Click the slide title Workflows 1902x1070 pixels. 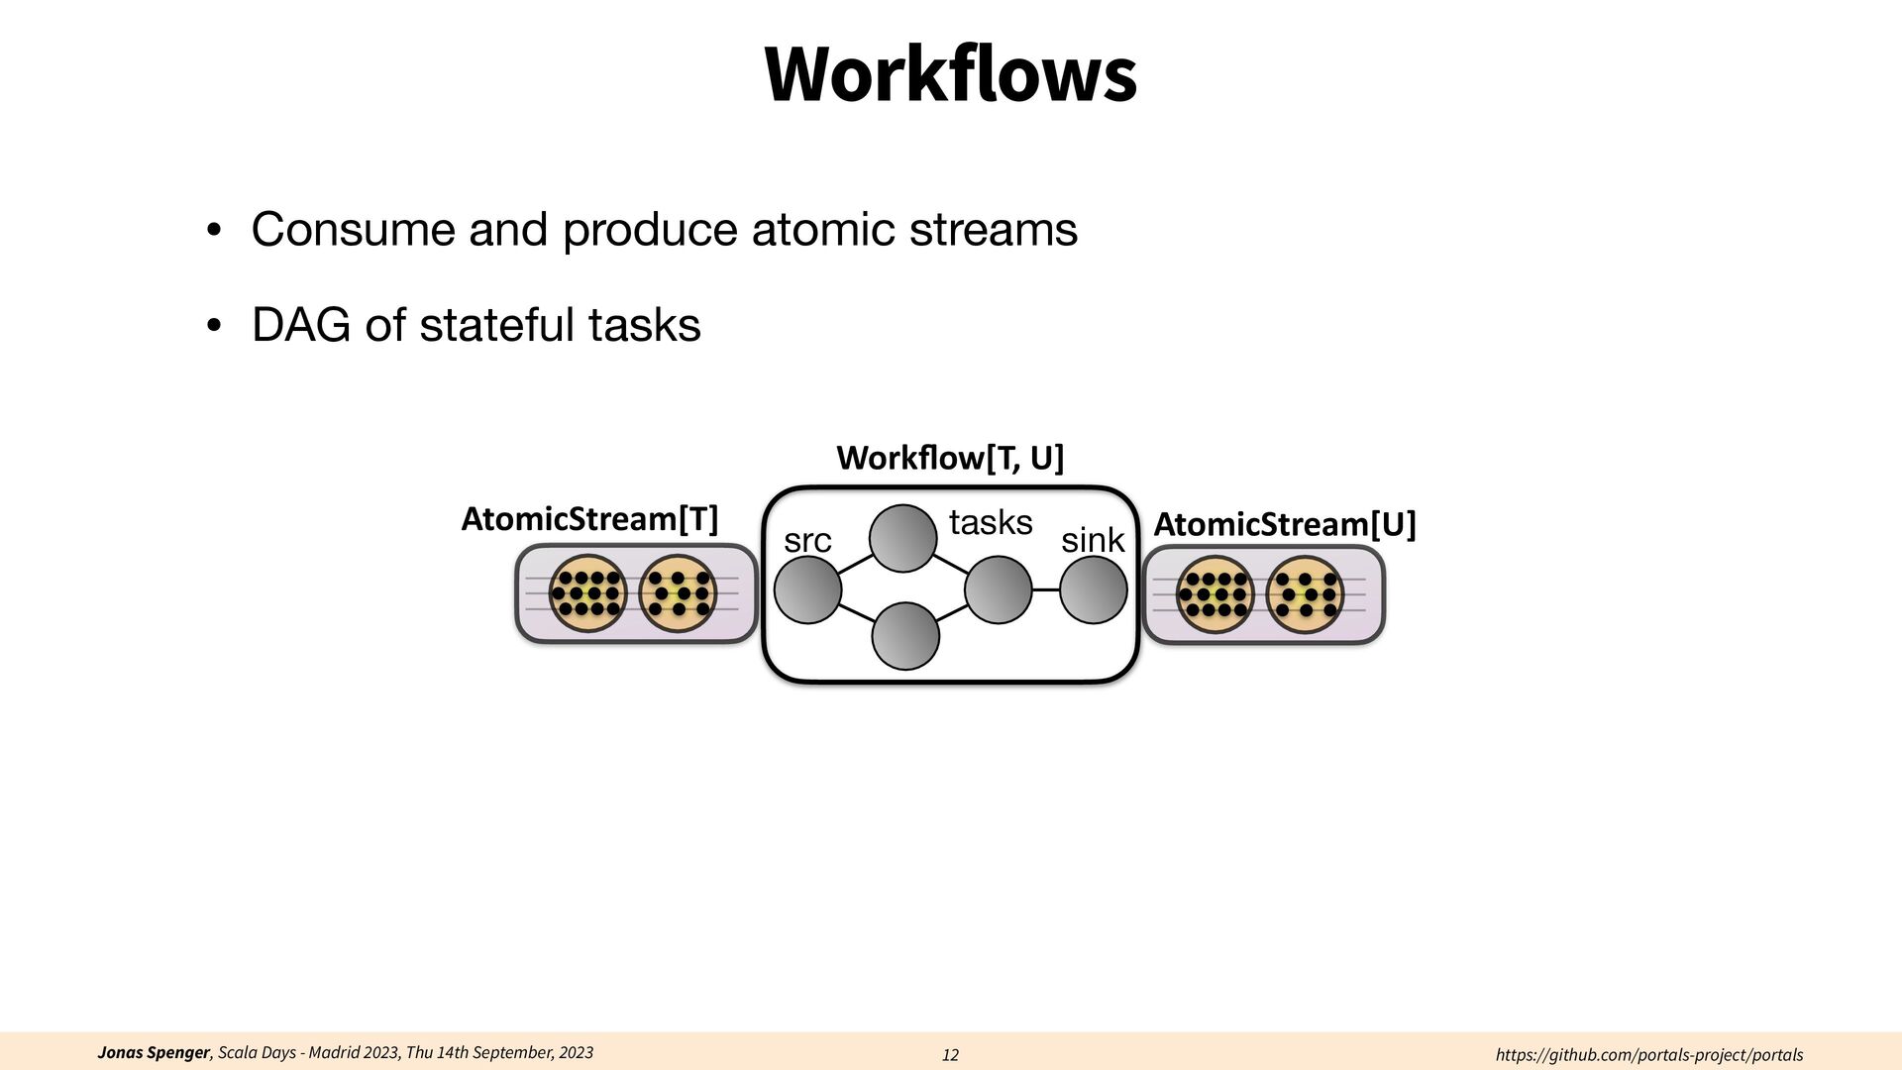coord(950,74)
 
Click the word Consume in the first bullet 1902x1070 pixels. coord(352,230)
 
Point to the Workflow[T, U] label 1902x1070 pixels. coord(949,458)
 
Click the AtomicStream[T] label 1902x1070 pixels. coord(589,519)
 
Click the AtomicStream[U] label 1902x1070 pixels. coord(1285,524)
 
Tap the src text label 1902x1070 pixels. coord(807,541)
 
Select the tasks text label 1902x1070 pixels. coord(991,522)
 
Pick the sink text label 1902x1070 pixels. coord(1093,541)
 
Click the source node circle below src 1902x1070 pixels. coord(807,589)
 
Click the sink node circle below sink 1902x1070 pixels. coord(1093,589)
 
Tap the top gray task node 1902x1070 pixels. coord(902,539)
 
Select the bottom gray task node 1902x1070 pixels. coord(904,636)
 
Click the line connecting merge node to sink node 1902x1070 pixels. coord(1045,589)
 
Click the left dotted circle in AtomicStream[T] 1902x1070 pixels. coord(587,593)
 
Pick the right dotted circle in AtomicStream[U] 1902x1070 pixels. coord(1305,594)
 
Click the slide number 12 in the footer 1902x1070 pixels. coord(950,1055)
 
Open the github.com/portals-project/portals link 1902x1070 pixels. coord(1648,1055)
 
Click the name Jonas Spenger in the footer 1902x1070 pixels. coord(154,1052)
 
